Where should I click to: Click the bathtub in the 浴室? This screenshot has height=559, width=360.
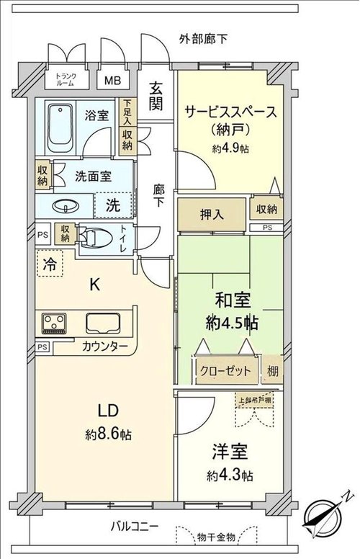[60, 128]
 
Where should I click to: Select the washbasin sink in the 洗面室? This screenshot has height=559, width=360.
[66, 206]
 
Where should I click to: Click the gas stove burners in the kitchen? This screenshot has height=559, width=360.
[54, 323]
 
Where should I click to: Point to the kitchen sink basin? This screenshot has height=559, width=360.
[103, 323]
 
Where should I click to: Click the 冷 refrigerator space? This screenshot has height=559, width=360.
[50, 264]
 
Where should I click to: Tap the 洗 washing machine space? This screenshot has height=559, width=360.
[113, 205]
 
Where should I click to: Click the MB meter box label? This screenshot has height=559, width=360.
[112, 80]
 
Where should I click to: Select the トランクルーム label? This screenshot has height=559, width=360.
[66, 79]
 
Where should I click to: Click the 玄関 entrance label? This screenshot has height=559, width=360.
[156, 97]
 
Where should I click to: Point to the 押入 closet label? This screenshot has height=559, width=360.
[212, 214]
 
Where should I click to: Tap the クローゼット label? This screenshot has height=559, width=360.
[225, 371]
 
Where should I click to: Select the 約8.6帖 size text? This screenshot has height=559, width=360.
[108, 434]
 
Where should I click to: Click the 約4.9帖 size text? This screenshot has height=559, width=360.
[230, 148]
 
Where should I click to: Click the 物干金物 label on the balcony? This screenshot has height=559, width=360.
[216, 537]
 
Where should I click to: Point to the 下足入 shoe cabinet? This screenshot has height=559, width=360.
[127, 112]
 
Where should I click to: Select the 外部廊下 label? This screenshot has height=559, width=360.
[203, 39]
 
